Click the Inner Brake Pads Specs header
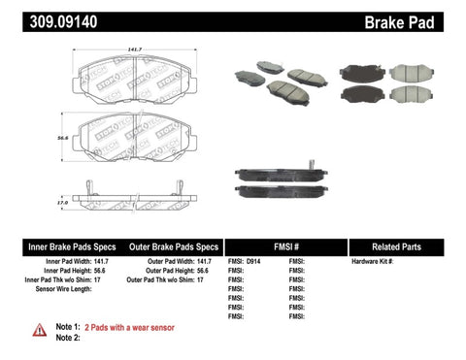click(x=57, y=246)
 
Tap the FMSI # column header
click(x=284, y=246)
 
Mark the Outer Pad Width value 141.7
click(x=203, y=262)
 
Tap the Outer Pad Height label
click(x=160, y=271)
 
